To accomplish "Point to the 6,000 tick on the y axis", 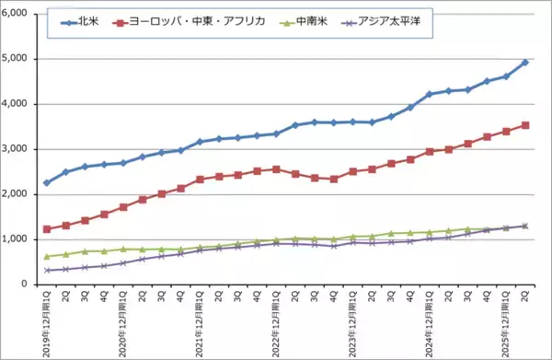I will [16, 14].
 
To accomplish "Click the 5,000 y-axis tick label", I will [16, 59].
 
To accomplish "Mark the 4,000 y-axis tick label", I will [16, 104].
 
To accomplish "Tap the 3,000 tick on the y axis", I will [16, 149].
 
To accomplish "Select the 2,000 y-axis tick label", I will [16, 194].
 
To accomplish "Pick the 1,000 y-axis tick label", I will [16, 239].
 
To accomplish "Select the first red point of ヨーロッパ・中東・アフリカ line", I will [47, 229].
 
